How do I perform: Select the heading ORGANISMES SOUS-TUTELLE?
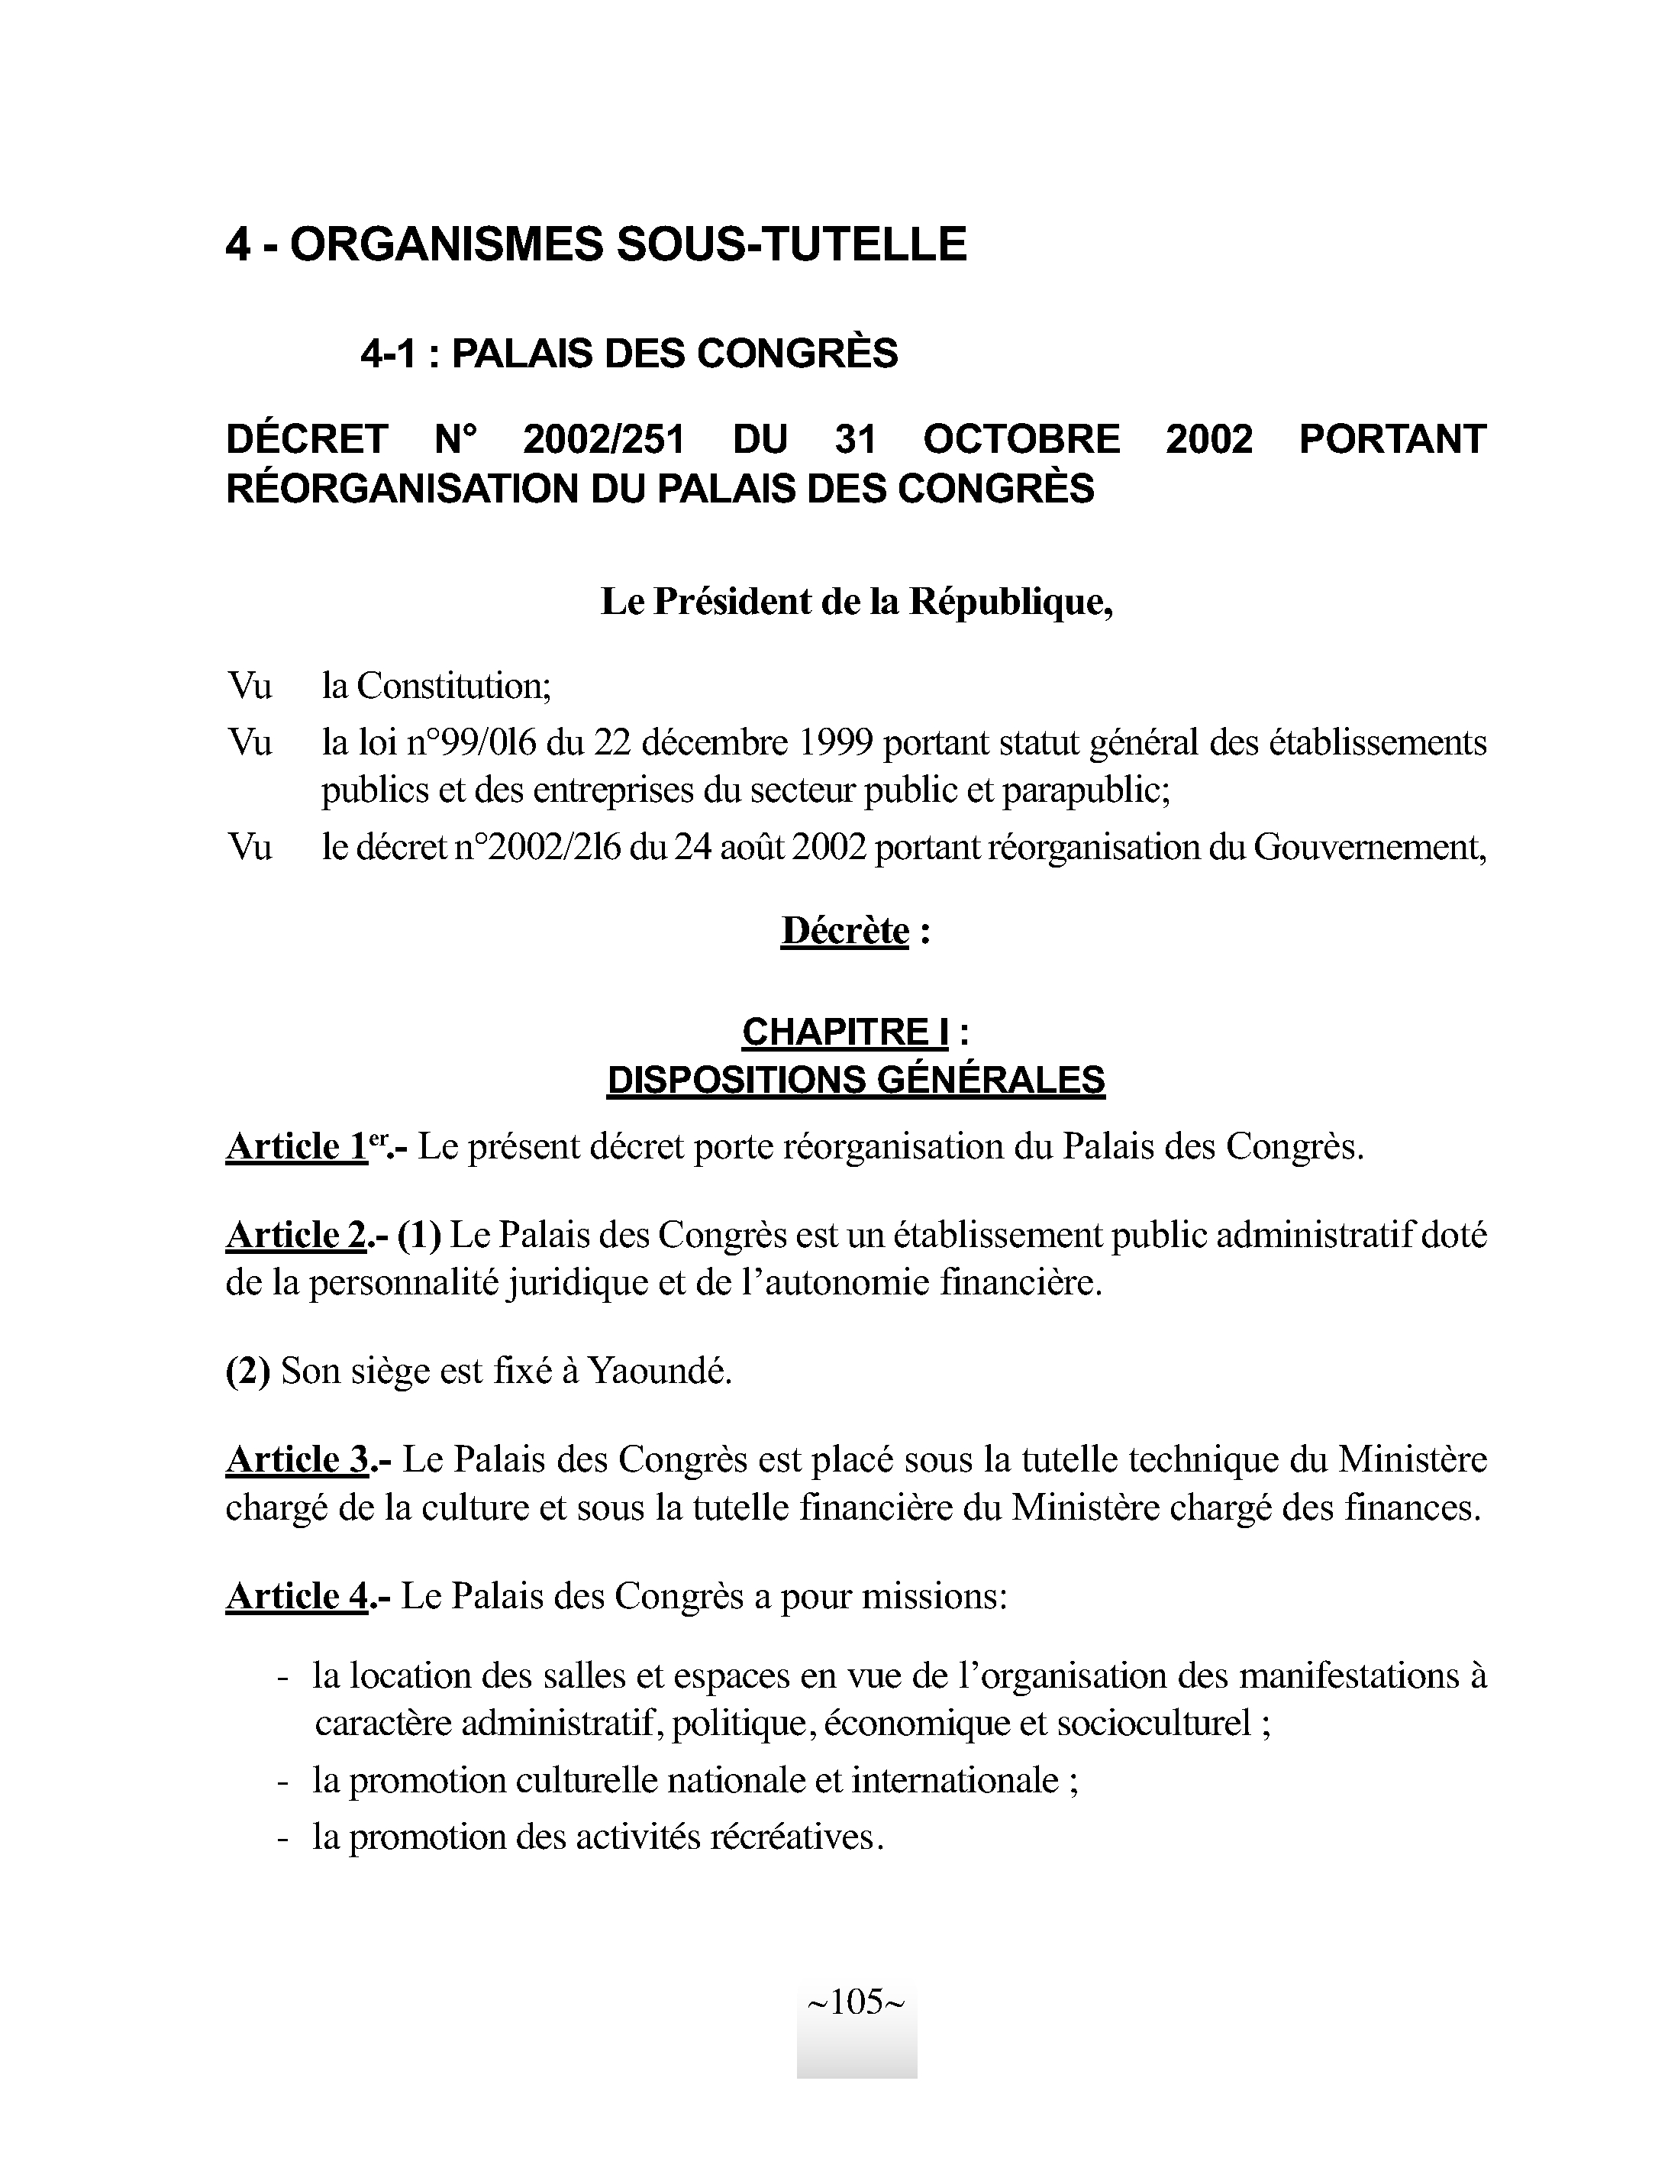pos(628,244)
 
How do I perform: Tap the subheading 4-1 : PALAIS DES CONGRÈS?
pos(628,354)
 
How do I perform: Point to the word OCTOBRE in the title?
pos(1021,439)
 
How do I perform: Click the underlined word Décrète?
pos(844,931)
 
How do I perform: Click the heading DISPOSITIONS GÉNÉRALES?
pos(855,1080)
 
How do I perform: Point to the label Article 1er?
pos(308,1147)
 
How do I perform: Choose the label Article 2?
pos(297,1235)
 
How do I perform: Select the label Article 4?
pos(297,1596)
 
